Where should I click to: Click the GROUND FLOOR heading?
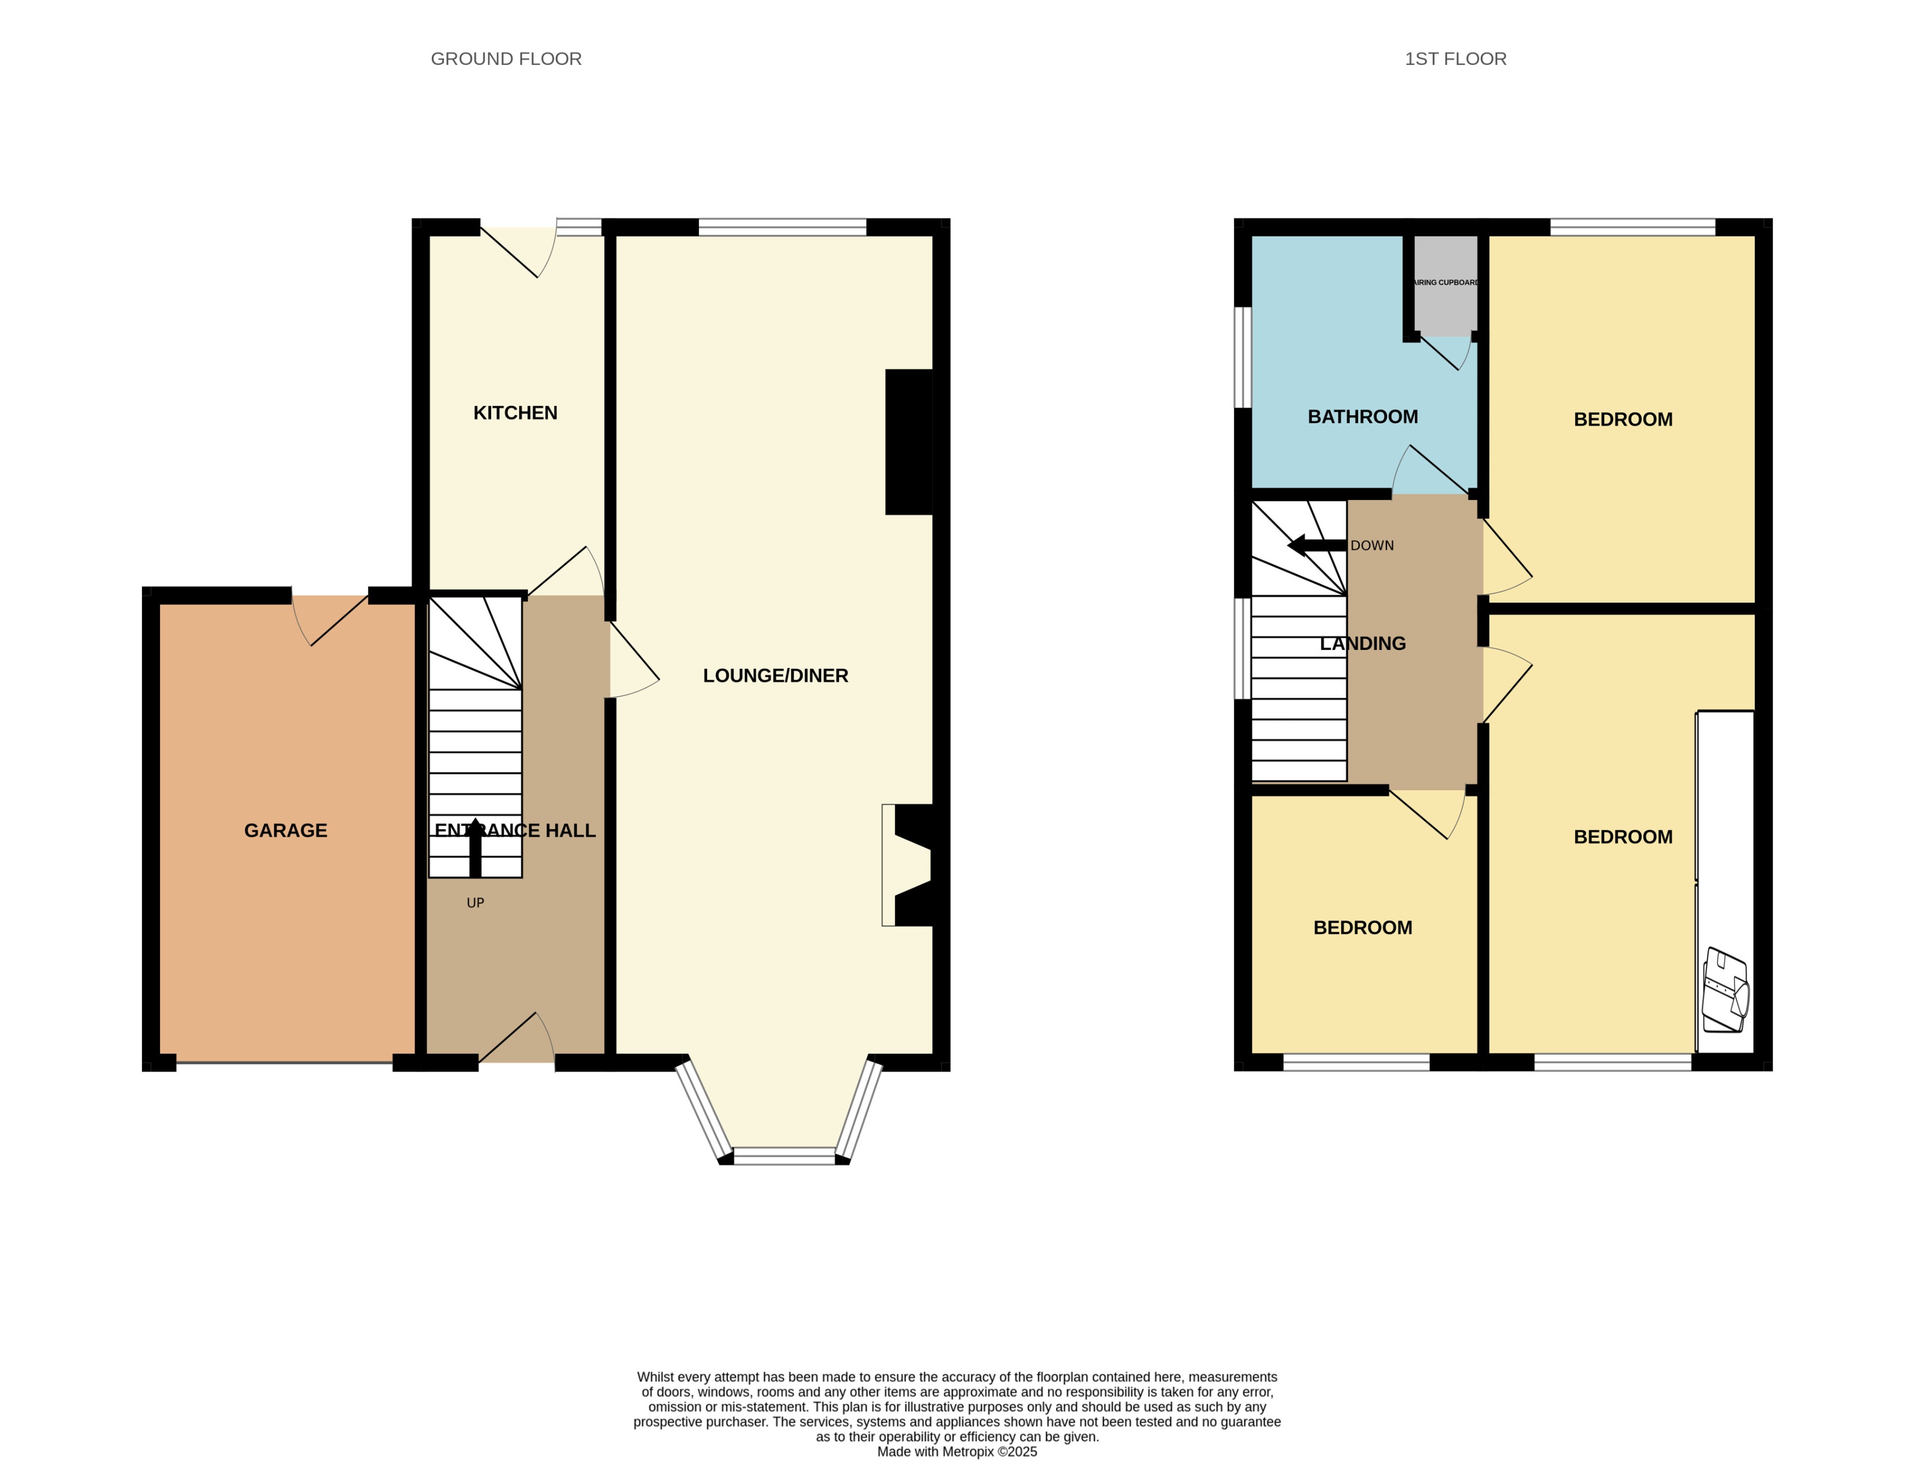coord(506,59)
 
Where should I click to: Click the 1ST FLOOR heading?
coord(1455,59)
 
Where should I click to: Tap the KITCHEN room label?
coord(515,413)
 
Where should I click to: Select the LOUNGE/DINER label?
coord(774,676)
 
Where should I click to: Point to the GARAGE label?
coord(285,830)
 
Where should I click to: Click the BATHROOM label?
coord(1362,416)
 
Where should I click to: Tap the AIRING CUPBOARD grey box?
coord(1445,284)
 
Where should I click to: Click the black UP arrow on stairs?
coord(475,847)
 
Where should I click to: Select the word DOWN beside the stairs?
coord(1372,546)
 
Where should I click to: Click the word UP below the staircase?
coord(475,903)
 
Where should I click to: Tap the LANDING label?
coord(1362,643)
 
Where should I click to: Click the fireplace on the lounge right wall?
coord(908,864)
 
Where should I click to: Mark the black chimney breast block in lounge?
coord(908,441)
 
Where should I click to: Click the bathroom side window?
coord(1243,356)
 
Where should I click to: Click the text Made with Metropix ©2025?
coord(956,1451)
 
